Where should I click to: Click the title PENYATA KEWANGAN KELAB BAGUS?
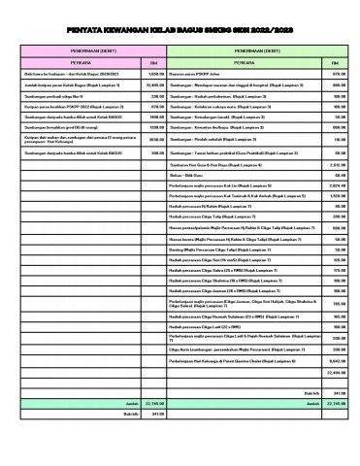[x=180, y=29]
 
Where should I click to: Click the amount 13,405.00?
[x=153, y=86]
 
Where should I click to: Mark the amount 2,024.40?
[x=337, y=184]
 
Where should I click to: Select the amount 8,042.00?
[x=337, y=359]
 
